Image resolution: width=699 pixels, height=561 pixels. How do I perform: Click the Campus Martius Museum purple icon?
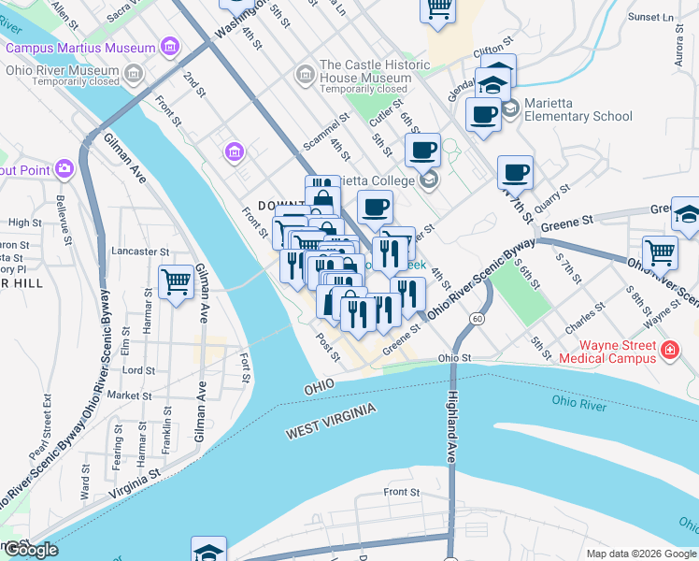169,46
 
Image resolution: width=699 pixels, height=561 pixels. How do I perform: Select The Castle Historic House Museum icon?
304,73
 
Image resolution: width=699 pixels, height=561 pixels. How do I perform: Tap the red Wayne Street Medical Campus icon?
668,351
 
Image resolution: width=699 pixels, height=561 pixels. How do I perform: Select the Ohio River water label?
579,402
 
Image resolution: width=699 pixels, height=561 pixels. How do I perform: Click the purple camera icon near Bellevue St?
64,168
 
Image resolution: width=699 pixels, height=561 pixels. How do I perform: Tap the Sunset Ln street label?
650,17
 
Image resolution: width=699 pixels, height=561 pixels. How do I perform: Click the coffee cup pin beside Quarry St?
515,173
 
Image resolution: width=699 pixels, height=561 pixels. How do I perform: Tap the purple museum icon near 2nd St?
234,151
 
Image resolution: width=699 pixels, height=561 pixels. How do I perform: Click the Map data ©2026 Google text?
641,554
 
